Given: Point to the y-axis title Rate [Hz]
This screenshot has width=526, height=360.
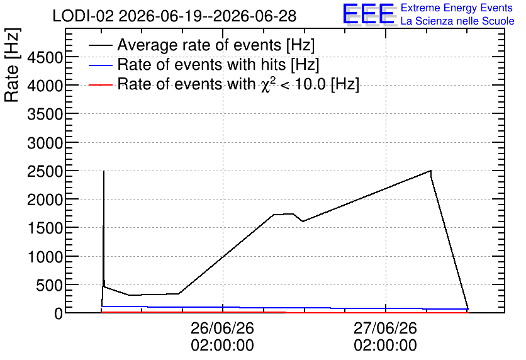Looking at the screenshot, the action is point(12,65).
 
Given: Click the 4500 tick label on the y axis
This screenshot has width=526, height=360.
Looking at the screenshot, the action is point(45,57).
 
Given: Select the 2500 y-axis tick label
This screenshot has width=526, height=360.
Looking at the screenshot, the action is point(45,171).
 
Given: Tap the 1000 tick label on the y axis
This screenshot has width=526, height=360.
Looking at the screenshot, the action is point(45,257).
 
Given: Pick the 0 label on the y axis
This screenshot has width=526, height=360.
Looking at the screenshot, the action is point(59,313).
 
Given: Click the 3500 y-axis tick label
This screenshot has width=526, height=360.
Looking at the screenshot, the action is point(45,115).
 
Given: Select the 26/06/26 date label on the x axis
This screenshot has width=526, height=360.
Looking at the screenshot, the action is point(222,328).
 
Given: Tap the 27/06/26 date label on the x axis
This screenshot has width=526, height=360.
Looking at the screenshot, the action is point(386,328).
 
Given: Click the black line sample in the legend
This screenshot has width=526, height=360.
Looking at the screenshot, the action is point(100,45).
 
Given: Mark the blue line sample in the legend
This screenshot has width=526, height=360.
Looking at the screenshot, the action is point(100,65).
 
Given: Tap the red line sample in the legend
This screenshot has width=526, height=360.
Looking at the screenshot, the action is point(100,84).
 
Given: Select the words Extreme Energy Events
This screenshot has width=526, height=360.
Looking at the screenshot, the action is point(457,8).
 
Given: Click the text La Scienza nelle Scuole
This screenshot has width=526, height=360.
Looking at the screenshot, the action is point(457,21).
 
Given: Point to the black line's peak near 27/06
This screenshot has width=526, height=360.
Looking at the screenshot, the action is point(431,171).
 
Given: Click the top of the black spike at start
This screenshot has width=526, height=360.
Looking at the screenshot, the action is point(104,171).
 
